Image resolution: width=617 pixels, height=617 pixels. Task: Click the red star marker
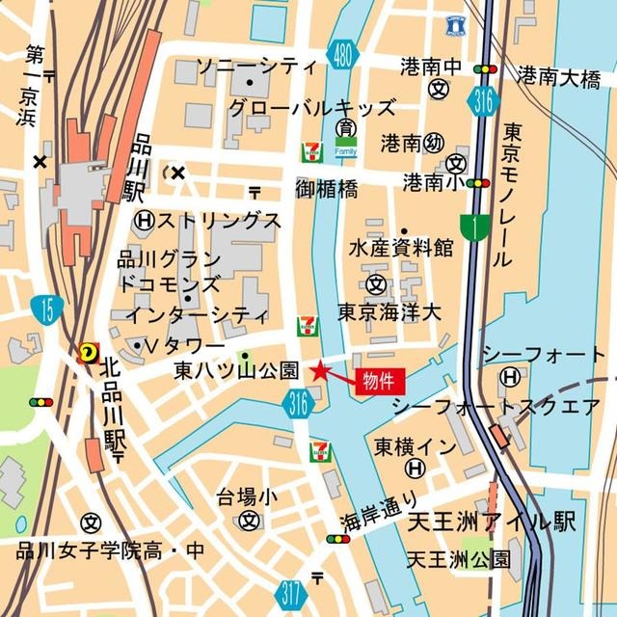pos(320,369)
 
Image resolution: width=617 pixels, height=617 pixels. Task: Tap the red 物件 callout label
pos(378,379)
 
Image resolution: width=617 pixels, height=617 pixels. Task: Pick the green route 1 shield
pos(473,226)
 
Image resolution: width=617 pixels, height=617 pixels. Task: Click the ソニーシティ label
pos(255,67)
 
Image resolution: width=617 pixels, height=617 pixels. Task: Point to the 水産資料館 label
pos(401,248)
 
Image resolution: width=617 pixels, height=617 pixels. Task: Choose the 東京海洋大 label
pos(389,312)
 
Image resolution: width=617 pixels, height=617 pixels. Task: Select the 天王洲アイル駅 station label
pos(491,523)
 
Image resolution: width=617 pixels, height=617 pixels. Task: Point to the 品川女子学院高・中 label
pos(111,552)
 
